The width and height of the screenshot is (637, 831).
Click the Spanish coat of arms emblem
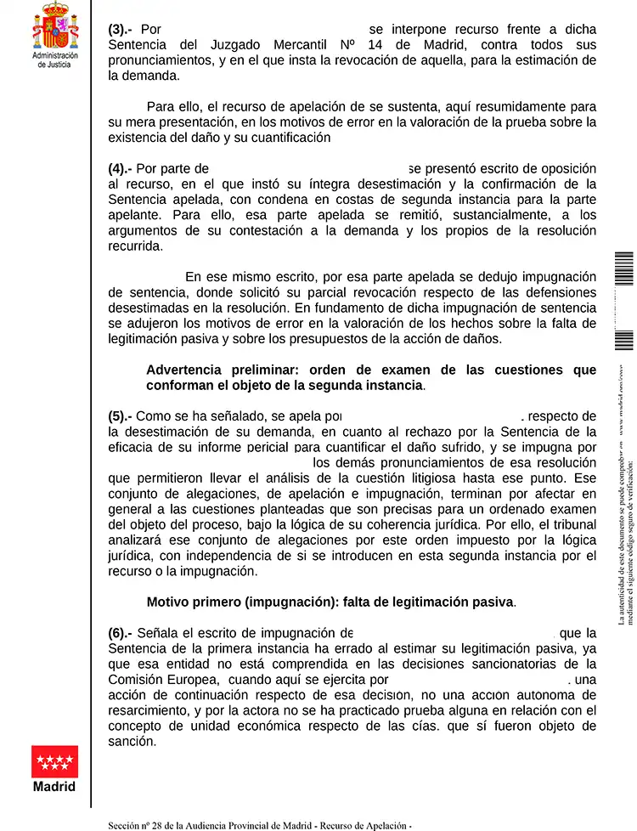coord(55,26)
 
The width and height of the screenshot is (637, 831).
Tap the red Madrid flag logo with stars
coord(55,761)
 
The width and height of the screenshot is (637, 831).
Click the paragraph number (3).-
coord(121,29)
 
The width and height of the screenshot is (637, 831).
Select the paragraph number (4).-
coord(121,168)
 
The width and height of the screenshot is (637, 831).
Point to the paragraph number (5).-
coord(121,416)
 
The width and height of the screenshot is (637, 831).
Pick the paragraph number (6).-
coord(121,632)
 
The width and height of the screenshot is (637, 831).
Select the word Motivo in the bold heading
coord(168,602)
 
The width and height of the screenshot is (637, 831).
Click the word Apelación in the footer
coord(383,825)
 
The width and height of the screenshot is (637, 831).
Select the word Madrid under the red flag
coord(55,787)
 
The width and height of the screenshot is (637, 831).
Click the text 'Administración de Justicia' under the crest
coord(55,59)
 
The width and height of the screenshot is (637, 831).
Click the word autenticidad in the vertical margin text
coord(622,586)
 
